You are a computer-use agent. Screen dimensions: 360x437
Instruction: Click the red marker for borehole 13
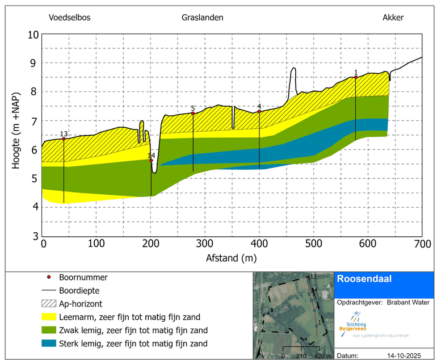[64, 139]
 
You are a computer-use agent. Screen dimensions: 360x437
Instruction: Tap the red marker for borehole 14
[151, 161]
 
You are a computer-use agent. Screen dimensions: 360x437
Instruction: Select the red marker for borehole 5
[193, 114]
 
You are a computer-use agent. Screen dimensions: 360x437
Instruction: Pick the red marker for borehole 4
[259, 111]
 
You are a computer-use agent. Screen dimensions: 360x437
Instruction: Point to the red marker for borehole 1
[356, 77]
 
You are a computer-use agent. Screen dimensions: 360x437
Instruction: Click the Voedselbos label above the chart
[70, 18]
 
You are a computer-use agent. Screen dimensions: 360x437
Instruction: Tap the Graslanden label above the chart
[203, 18]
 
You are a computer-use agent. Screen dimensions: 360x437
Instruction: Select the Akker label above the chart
[393, 18]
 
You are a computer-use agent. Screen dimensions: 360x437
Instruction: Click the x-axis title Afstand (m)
[232, 258]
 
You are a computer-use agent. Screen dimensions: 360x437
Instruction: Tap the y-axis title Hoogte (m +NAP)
[16, 135]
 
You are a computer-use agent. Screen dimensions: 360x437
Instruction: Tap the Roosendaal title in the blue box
[360, 279]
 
